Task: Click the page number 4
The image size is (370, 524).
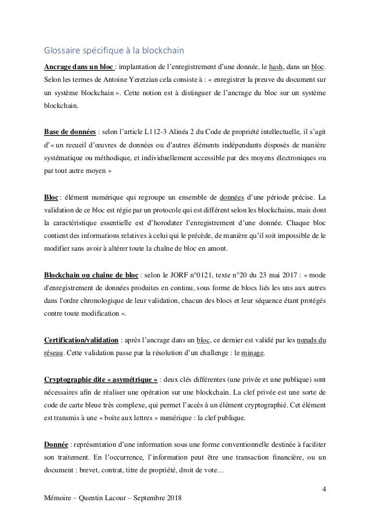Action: tap(323, 487)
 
